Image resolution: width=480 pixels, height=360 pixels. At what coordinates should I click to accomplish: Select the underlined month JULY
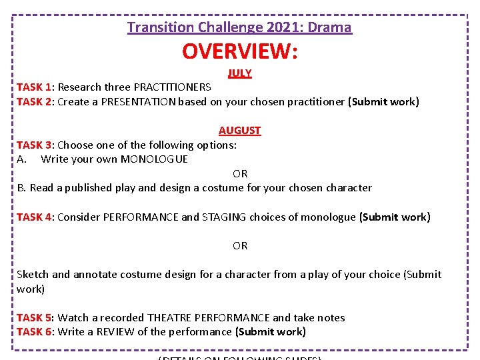240,73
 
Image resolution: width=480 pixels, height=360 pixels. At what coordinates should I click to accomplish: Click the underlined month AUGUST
240,131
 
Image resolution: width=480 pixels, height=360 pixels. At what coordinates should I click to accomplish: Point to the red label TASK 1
34,87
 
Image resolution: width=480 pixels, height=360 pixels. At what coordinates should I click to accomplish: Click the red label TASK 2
34,102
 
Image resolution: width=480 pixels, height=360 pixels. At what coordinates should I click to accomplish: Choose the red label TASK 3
34,145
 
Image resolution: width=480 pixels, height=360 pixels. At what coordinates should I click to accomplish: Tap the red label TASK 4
34,217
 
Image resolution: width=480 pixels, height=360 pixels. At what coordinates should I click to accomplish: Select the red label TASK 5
34,318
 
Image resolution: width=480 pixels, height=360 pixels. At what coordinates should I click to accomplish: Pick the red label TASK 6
34,332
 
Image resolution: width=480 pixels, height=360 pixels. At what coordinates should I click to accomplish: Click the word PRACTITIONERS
173,87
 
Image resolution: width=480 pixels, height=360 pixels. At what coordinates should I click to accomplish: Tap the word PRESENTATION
139,102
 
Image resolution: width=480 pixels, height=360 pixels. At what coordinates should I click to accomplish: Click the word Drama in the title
331,27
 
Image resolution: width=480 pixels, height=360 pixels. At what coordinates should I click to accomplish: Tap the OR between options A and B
240,174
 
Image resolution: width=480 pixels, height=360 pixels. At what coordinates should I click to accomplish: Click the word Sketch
33,275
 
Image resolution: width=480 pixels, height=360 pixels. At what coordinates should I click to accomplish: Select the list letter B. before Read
22,188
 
